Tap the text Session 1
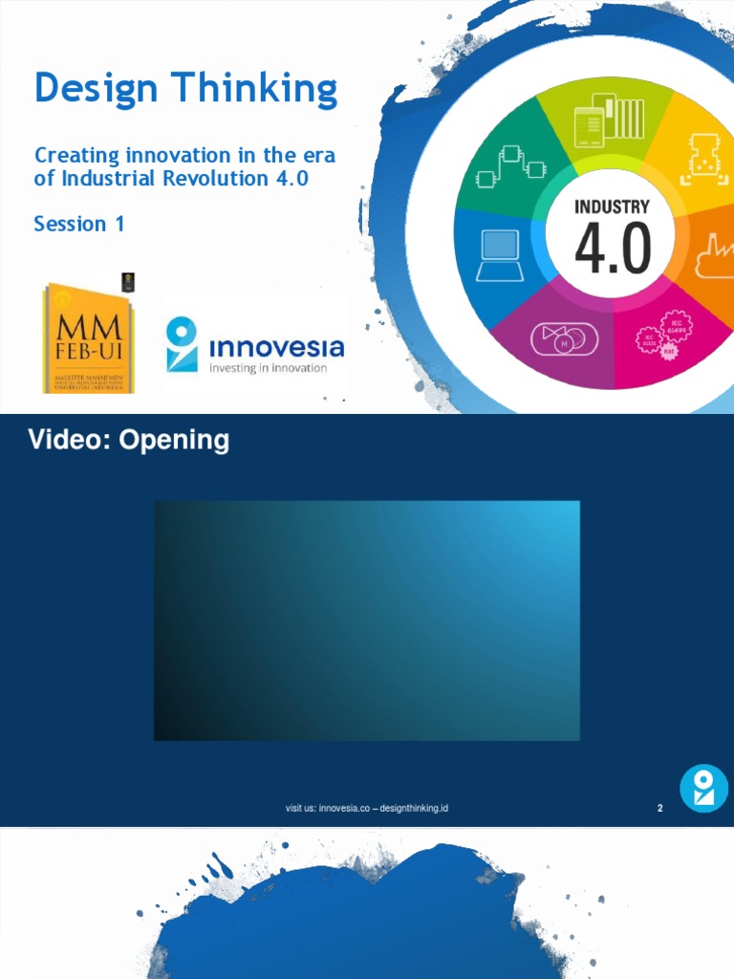(x=79, y=224)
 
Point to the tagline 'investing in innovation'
(x=268, y=368)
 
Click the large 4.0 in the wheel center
(x=613, y=249)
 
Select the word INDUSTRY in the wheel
(x=612, y=207)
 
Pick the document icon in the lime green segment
(x=606, y=120)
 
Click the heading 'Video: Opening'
(x=128, y=440)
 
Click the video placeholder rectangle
(x=367, y=620)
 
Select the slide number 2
(x=659, y=809)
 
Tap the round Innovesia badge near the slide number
(x=703, y=789)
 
